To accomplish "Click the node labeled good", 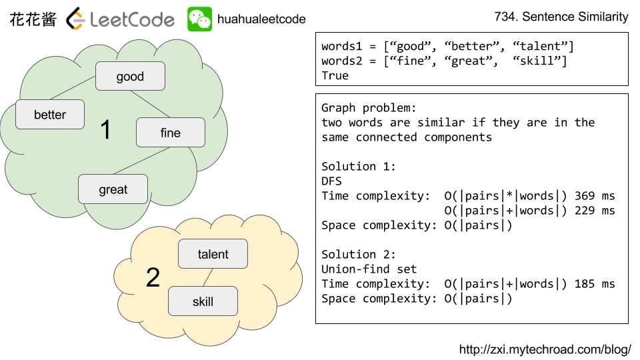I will tap(130, 76).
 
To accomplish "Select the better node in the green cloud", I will tap(50, 115).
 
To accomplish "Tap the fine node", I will tap(170, 133).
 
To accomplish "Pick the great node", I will tap(113, 189).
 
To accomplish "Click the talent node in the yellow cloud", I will tap(213, 254).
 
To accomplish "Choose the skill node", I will tap(203, 301).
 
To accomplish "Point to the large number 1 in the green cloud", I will tap(105, 131).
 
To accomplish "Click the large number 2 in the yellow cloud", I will tap(153, 278).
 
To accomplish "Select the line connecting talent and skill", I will tap(207, 278).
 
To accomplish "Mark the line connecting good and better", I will tap(72, 88).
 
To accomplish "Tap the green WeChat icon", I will tap(199, 19).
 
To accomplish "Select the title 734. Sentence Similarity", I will tap(561, 17).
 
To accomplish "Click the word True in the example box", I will tap(335, 76).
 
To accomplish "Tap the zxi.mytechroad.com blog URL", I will tap(545, 349).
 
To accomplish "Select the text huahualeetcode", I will tap(261, 19).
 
